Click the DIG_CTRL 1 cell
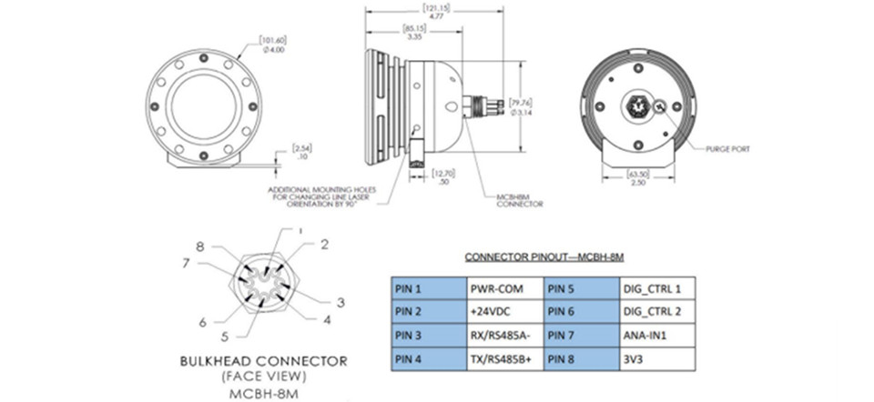pos(657,288)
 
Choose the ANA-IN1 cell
pos(657,335)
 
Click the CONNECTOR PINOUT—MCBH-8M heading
pos(544,257)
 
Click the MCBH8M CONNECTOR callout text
pos(519,198)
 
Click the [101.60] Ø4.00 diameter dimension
pos(273,44)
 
